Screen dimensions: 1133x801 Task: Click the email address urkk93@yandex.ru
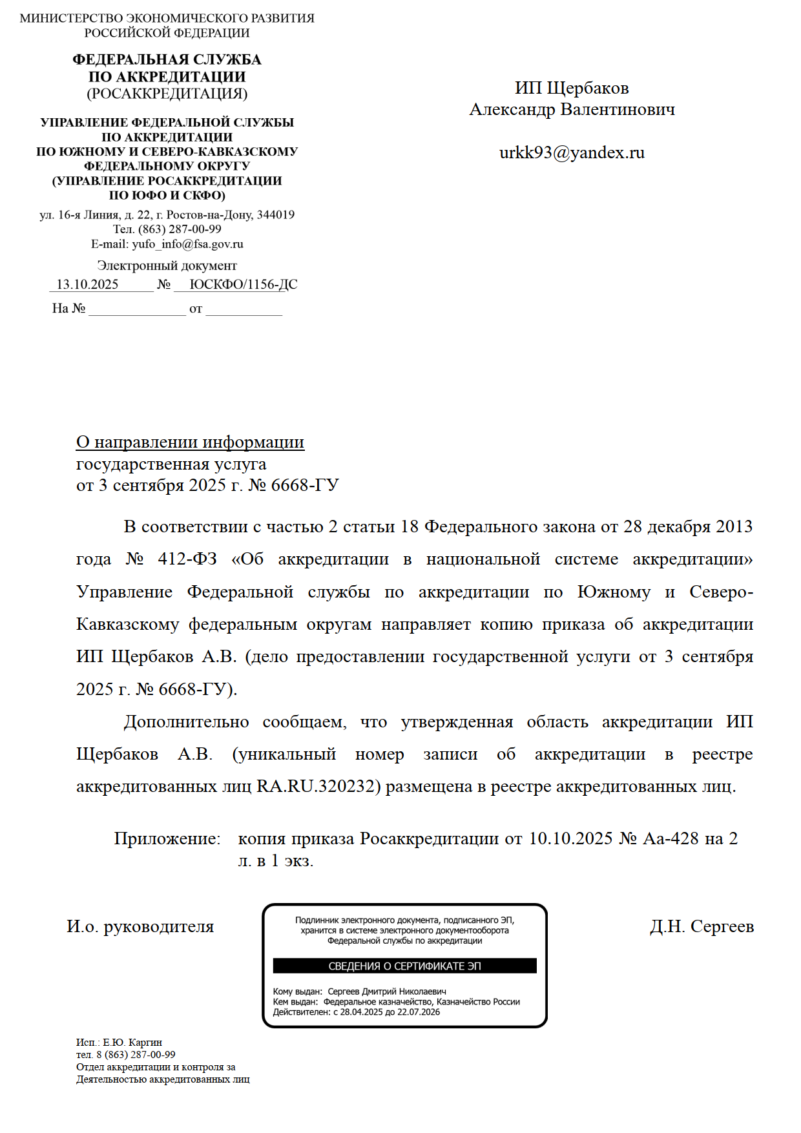tap(572, 153)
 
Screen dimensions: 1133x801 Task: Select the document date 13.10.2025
tap(87, 285)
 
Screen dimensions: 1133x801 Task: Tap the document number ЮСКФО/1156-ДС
tap(244, 285)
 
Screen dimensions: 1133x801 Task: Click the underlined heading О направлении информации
tap(190, 442)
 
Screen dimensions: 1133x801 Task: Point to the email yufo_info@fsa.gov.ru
tap(187, 244)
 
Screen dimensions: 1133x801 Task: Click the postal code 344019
tap(276, 215)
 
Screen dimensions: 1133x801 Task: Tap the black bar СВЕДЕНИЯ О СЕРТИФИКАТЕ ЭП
tap(404, 966)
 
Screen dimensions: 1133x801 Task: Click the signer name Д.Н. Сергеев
tap(702, 927)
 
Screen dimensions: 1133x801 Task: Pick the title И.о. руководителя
tap(140, 927)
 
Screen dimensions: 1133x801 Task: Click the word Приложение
tap(167, 839)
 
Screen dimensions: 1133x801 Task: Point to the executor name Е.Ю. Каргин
tap(132, 1043)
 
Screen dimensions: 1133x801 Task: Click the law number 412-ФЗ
tap(187, 559)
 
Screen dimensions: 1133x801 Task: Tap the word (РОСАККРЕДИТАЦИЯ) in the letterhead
tap(167, 94)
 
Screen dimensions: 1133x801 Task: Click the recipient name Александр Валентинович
tap(572, 110)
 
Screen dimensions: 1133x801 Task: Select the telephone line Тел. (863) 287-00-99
tap(167, 229)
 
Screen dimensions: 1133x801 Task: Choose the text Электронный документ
tap(167, 266)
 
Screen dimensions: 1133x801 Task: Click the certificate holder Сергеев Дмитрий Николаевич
tap(386, 992)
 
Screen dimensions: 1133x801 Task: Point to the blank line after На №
tap(137, 309)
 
